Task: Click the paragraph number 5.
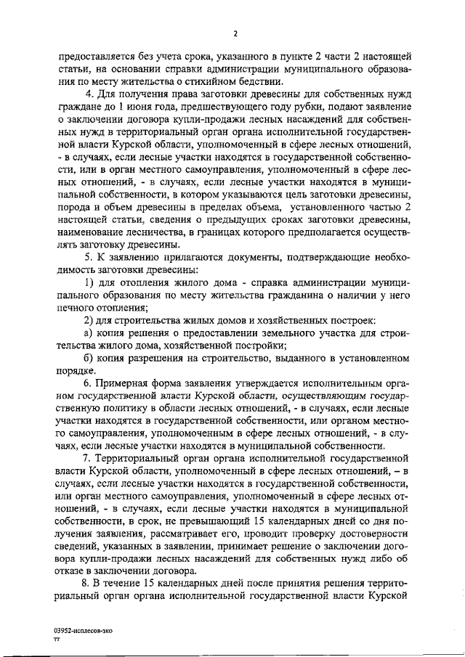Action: (87, 257)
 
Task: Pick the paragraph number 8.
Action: (87, 582)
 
